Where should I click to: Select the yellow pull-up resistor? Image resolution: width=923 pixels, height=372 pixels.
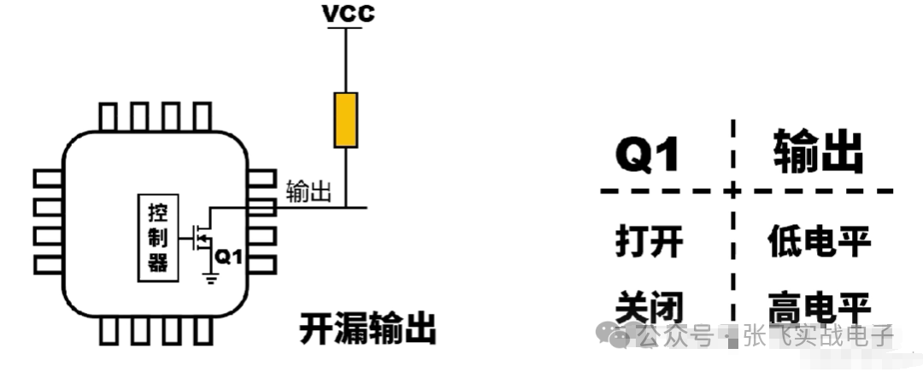(346, 121)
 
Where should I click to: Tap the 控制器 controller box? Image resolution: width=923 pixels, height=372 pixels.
(157, 238)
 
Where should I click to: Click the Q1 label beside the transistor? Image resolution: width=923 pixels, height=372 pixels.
(229, 255)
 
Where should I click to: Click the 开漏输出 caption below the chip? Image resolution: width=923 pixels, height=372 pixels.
(367, 328)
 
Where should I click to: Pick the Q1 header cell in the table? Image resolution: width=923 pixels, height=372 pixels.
(648, 155)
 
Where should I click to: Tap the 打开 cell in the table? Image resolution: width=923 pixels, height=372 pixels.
(649, 242)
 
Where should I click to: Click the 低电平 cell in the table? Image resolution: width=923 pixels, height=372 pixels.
(819, 242)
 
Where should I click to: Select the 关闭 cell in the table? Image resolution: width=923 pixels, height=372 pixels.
(649, 305)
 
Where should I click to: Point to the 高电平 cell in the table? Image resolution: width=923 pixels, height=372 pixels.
(819, 306)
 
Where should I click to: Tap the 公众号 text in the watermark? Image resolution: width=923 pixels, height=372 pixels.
(675, 335)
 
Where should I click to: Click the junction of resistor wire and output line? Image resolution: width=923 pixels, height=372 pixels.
(346, 208)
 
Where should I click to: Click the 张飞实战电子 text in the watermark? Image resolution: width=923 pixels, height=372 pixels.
(817, 335)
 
